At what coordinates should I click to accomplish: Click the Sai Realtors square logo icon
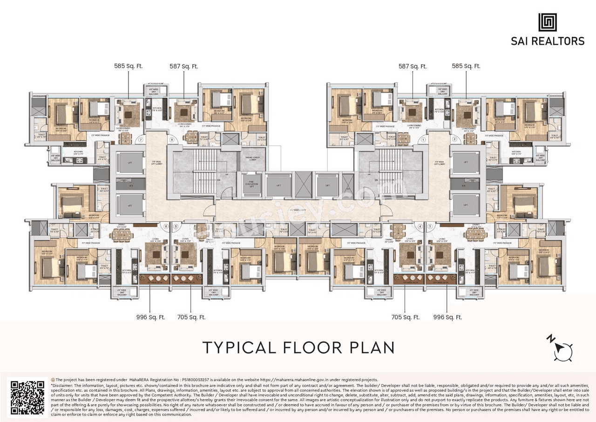pyautogui.click(x=548, y=22)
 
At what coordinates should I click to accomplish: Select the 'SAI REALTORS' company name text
pyautogui.click(x=548, y=41)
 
